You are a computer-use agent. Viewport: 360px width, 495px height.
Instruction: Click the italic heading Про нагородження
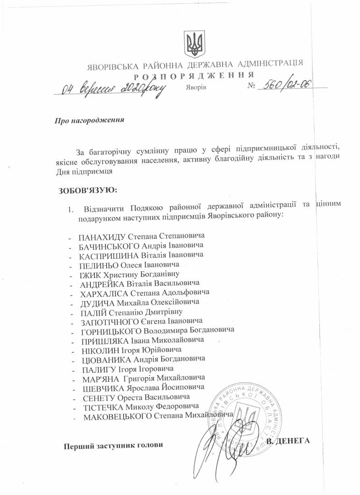(90, 120)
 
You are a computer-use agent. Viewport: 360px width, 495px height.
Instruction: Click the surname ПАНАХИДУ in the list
(102, 236)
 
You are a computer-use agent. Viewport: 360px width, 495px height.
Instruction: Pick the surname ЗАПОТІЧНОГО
(109, 321)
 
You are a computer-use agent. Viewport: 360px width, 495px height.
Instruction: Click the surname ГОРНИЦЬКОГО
(110, 331)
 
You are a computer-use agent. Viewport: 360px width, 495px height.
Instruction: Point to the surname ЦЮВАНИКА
(104, 359)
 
